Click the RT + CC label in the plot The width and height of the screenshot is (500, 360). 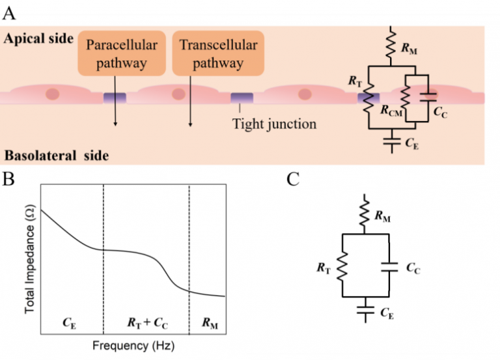[146, 321]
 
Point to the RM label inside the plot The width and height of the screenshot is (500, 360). [207, 321]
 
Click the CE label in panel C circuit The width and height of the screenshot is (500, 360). [387, 315]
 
